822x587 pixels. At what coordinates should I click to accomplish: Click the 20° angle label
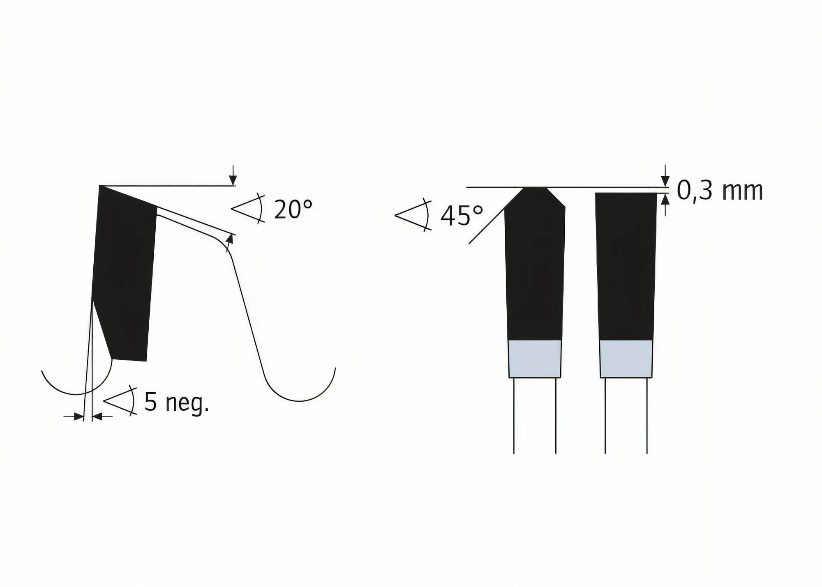pos(293,209)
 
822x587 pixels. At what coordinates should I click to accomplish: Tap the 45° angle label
pos(461,216)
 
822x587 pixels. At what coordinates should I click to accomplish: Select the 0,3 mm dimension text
pos(720,191)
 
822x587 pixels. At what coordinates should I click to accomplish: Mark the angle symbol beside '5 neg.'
pos(120,401)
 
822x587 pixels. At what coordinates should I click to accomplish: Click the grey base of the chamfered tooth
pos(534,359)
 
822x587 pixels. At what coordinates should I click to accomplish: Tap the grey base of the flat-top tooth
pos(626,359)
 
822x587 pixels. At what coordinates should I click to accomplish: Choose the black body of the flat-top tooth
pos(626,267)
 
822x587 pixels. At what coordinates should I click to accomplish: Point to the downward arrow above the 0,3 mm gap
pos(665,180)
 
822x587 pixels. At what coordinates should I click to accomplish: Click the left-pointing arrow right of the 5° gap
pos(97,417)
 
